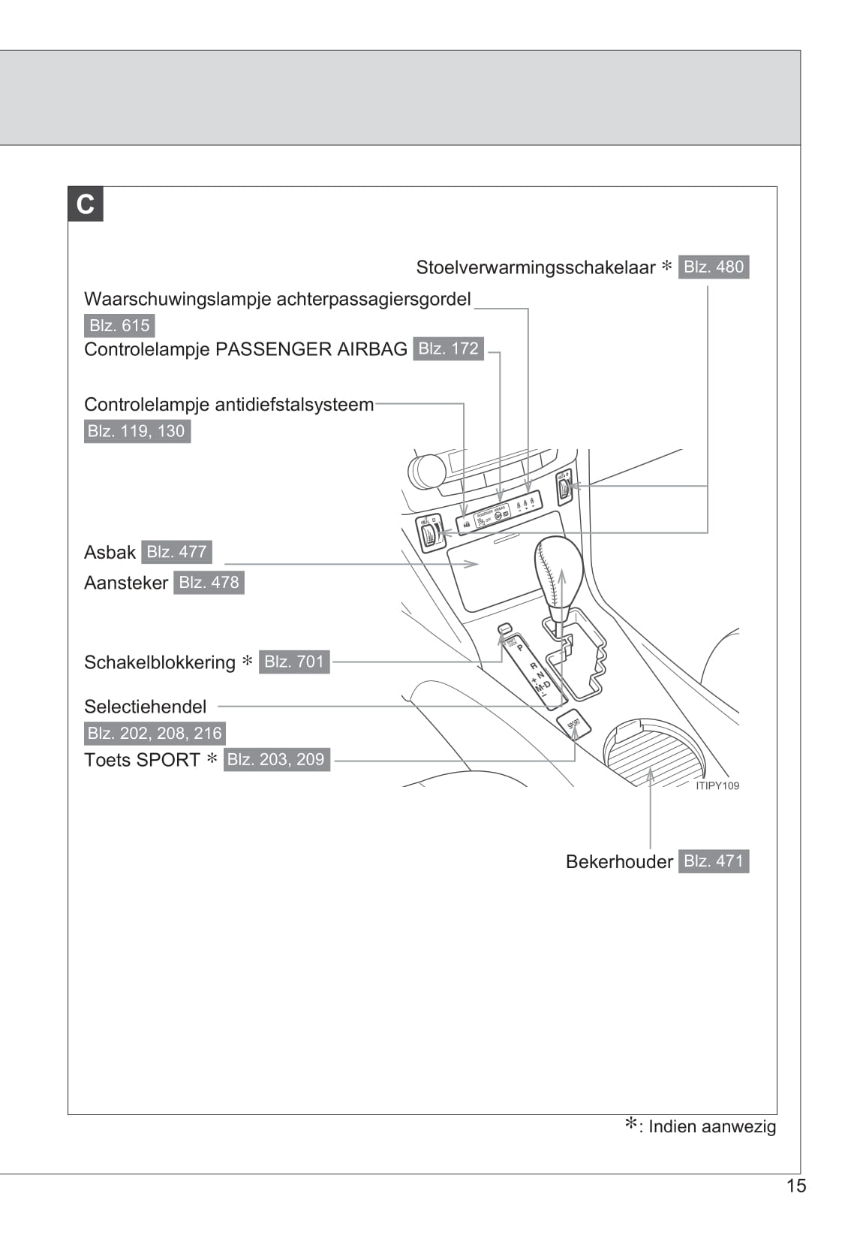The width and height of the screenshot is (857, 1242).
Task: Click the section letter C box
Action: pos(86,204)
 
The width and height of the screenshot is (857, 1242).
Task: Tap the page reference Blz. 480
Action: pos(713,267)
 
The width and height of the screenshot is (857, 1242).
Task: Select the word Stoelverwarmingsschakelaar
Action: pos(536,268)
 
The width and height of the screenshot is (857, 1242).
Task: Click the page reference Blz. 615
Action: pos(119,326)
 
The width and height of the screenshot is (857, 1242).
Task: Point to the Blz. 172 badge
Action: pos(448,349)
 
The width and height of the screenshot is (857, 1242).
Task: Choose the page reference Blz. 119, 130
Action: pos(137,431)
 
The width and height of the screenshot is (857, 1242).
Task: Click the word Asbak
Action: pos(110,553)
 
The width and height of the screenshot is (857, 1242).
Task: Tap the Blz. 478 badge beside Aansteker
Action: pos(209,583)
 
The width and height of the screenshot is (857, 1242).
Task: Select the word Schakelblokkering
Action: pos(160,663)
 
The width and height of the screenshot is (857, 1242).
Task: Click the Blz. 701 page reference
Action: pos(294,662)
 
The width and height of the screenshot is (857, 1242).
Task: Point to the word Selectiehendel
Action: pos(145,707)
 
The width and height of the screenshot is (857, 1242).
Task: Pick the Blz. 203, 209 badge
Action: pos(276,760)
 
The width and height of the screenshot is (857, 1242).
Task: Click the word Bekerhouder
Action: pos(619,862)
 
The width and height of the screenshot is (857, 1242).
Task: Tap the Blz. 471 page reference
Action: pos(713,861)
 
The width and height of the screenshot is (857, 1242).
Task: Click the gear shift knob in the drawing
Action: pos(558,571)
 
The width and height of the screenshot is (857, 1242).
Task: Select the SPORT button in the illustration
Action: pos(574,724)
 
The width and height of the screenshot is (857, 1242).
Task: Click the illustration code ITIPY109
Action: pos(717,786)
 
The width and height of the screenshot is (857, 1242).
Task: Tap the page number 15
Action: pos(795,1186)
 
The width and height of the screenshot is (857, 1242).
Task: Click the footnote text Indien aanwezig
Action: pos(711,1127)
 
